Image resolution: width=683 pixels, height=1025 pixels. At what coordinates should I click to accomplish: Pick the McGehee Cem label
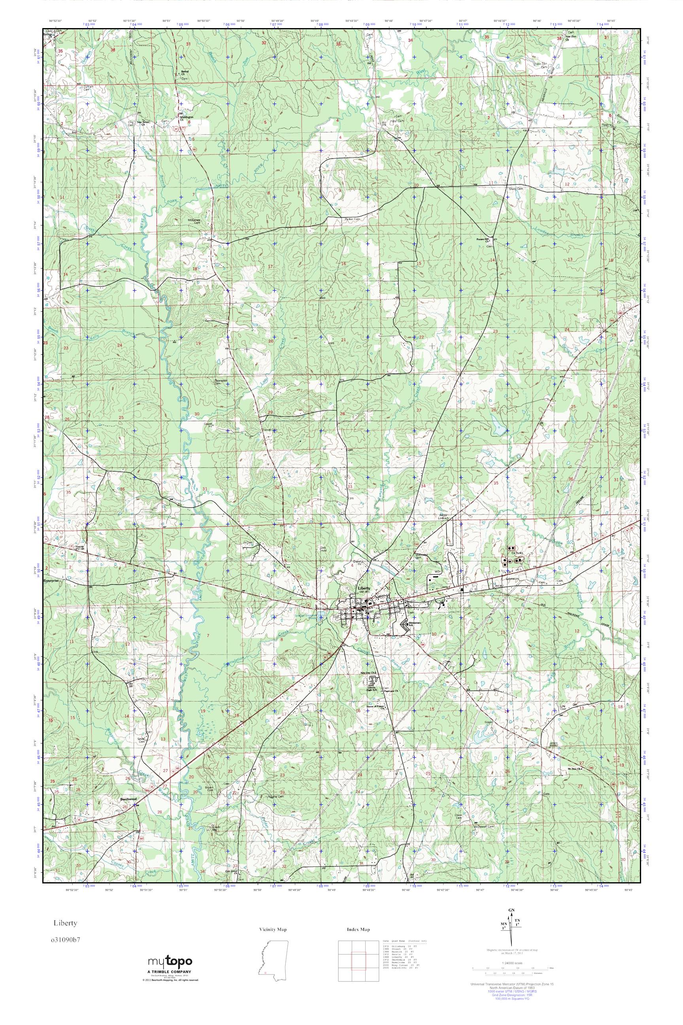(x=193, y=221)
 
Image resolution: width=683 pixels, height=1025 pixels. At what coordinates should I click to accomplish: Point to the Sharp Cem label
(x=516, y=189)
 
